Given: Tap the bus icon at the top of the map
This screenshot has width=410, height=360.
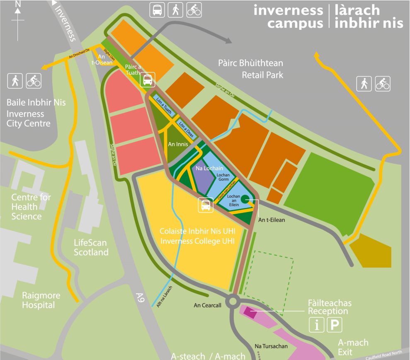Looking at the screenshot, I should pos(157,10).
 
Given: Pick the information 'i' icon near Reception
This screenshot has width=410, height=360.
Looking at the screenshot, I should pos(317,325).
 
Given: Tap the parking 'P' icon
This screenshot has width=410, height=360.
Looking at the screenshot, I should pos(335,325).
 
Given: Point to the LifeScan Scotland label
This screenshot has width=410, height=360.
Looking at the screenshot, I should pos(91,247).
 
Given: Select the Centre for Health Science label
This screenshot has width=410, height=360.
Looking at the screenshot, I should pos(31,207).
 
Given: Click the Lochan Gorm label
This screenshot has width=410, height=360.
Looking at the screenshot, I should pos(223,177).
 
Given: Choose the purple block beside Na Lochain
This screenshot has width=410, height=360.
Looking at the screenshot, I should pos(203,181).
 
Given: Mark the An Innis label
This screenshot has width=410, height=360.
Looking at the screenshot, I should pos(178,145).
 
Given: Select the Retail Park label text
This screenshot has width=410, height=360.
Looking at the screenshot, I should pos(262,75).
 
